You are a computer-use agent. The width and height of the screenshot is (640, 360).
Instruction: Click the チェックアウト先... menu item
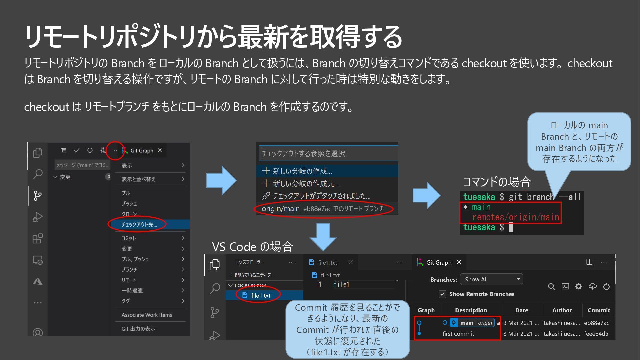click(139, 224)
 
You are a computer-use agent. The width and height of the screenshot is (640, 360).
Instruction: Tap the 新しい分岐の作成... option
click(302, 171)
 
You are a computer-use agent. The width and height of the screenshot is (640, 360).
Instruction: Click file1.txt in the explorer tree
click(260, 295)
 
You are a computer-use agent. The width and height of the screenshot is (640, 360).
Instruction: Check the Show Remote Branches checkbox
click(443, 294)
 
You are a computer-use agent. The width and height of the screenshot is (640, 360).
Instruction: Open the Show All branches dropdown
click(491, 279)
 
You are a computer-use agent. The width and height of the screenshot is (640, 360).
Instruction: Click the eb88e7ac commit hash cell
click(596, 323)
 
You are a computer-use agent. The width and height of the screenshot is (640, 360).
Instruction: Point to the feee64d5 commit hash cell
click(596, 333)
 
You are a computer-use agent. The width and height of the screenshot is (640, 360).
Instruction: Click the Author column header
click(562, 310)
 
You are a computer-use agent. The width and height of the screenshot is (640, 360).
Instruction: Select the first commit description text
click(458, 333)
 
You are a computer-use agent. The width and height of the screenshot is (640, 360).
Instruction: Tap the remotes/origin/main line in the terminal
click(515, 217)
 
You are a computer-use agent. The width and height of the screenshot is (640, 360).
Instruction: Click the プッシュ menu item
click(129, 203)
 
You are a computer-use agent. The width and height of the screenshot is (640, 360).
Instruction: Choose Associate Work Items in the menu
click(147, 315)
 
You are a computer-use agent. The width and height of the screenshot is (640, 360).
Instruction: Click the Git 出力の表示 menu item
click(138, 329)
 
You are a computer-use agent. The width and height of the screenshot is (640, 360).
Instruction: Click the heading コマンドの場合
click(497, 182)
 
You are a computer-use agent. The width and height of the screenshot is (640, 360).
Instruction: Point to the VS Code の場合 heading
click(252, 247)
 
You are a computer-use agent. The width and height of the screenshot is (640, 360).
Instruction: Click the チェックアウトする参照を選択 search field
click(328, 153)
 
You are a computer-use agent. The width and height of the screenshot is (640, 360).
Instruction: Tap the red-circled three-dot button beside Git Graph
click(115, 150)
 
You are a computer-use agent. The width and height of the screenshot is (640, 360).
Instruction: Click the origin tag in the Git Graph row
click(485, 323)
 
